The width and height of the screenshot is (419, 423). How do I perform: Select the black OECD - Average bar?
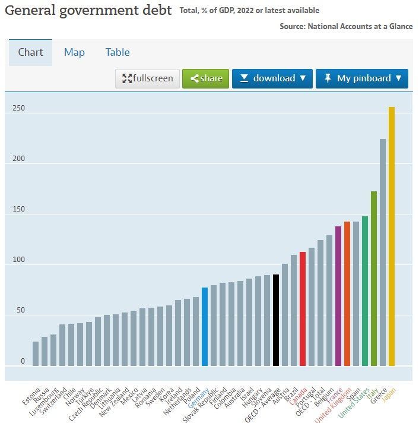[276, 320]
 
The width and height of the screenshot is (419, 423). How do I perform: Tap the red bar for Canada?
[303, 309]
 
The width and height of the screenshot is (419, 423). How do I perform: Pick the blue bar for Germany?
[205, 327]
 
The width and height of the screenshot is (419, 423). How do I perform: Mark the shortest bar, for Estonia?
[36, 353]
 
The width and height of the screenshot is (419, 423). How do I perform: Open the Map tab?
[74, 52]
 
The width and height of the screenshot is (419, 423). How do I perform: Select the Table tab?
[118, 52]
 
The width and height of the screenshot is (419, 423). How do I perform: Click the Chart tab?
[30, 52]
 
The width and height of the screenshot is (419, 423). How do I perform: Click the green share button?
[205, 78]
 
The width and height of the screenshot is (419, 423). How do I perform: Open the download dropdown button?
[272, 78]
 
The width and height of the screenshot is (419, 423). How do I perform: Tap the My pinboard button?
[362, 78]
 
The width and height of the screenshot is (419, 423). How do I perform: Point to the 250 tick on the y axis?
[19, 109]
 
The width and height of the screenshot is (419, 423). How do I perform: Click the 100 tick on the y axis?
[19, 260]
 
